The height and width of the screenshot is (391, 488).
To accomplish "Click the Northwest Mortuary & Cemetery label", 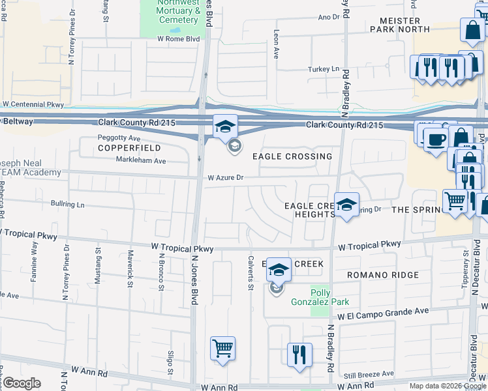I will pos(177,11).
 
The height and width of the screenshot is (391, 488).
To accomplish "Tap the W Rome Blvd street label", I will pos(160,38).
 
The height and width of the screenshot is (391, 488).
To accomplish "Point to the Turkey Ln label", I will pos(325,69).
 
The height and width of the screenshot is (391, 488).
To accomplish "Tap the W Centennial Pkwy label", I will pos(33,104).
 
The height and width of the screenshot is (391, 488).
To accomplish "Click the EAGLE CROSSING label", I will pos(292,157).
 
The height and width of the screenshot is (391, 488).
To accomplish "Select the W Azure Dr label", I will pos(225,177).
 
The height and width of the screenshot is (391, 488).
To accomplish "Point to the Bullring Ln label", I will pos(68,205).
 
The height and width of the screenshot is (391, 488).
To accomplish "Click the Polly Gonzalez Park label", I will pos(329,297).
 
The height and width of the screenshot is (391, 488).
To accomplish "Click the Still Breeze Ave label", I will pos(369,374).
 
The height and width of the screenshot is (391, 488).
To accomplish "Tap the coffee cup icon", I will pos(436,138).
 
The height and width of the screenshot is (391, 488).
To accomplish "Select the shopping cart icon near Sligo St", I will pos(222,348).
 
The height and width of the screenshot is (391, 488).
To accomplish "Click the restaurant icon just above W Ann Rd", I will pos(299,355).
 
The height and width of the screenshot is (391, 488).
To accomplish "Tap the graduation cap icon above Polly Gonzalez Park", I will pos(279,270).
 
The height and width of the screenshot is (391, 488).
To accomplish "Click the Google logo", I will pos(22,383).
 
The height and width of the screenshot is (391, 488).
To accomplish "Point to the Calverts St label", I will pos(250,267).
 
